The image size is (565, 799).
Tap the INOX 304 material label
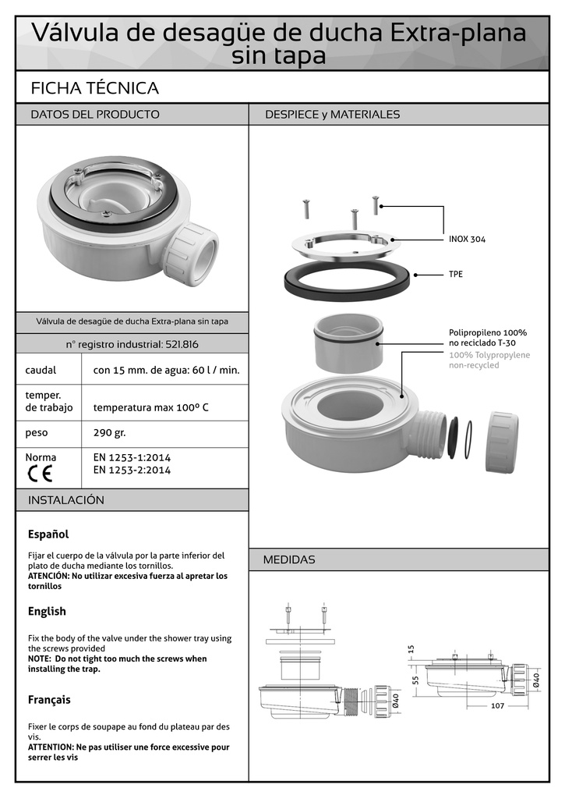467,239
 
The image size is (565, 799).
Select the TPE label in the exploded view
456,275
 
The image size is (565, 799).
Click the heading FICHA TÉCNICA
94,88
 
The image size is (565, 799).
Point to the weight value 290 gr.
109,432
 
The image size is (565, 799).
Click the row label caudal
41,370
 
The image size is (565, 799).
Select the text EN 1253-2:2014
132,470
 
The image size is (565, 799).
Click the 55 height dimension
416,680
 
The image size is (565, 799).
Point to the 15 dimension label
411,649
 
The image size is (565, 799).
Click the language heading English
47,611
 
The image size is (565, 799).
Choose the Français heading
49,699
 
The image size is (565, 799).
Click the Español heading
48,534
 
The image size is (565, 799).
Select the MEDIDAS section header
289,559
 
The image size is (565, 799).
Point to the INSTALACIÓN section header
66,499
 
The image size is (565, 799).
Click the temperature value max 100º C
150,407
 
